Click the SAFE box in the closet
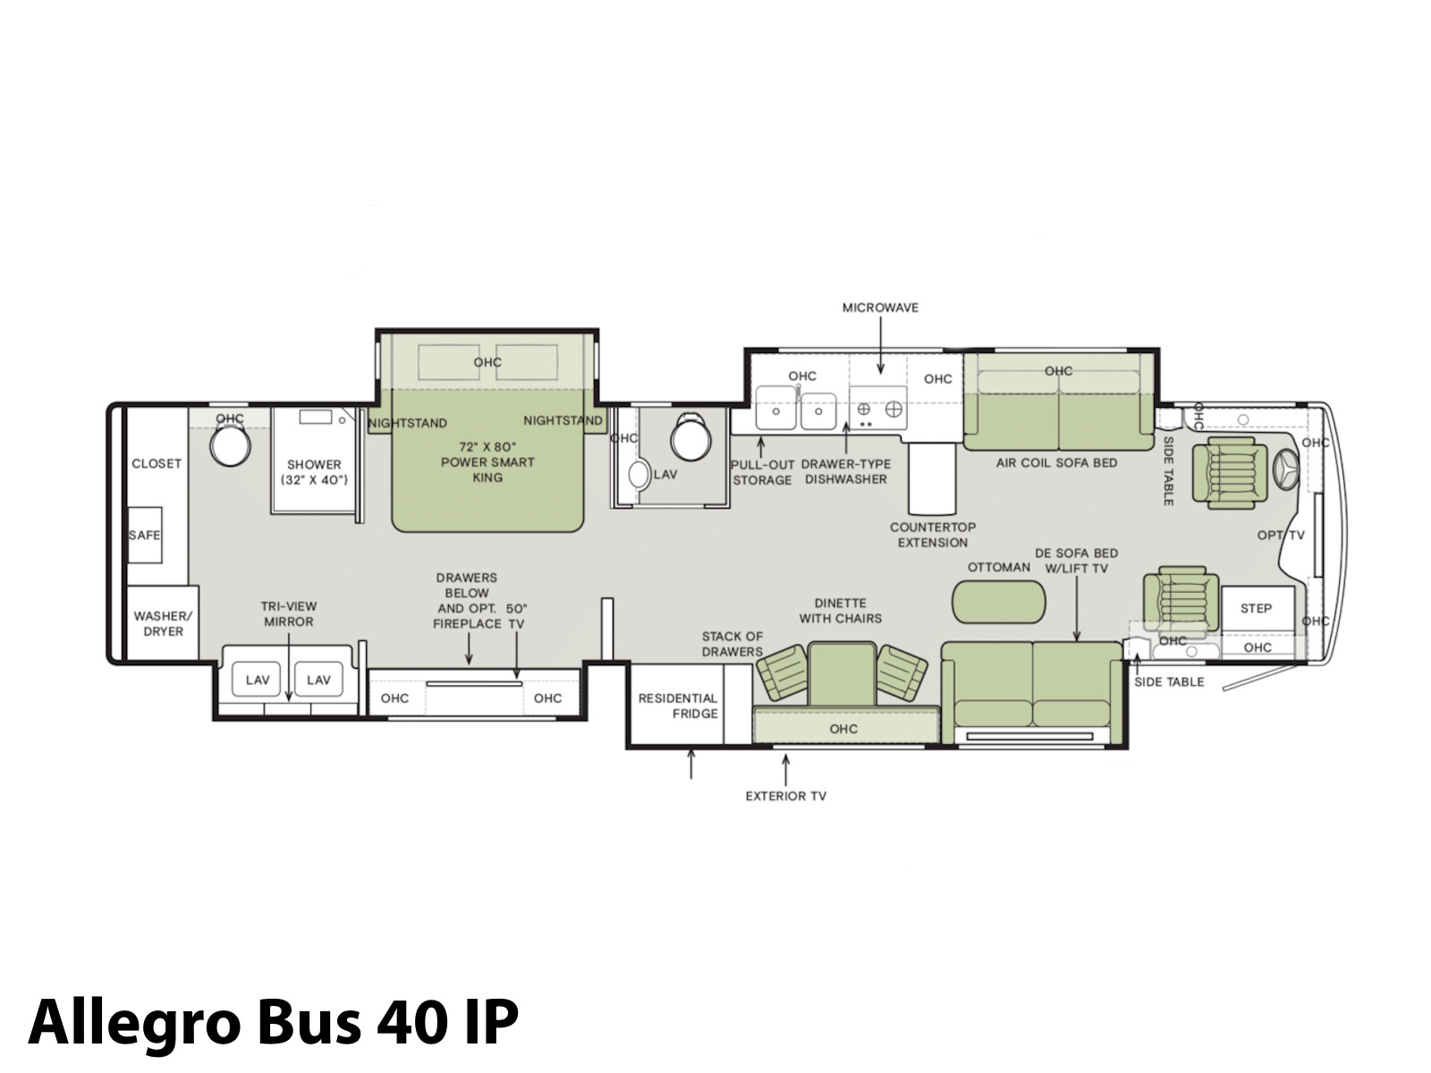click(144, 535)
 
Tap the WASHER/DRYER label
click(163, 623)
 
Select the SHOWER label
click(314, 464)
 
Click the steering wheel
click(1285, 469)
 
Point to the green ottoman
click(998, 602)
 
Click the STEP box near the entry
click(1257, 609)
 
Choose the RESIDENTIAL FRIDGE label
click(678, 705)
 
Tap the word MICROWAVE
click(880, 308)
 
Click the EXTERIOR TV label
click(785, 796)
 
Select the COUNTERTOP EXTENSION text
click(932, 535)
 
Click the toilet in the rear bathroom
click(230, 445)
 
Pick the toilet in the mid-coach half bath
click(691, 437)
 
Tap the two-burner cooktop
click(878, 409)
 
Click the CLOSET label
click(157, 464)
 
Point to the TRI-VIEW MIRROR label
click(289, 613)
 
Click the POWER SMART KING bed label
click(487, 462)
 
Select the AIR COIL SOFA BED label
click(1056, 462)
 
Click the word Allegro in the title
click(134, 1021)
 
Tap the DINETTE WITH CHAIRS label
click(841, 611)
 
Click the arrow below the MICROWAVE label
click(880, 345)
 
